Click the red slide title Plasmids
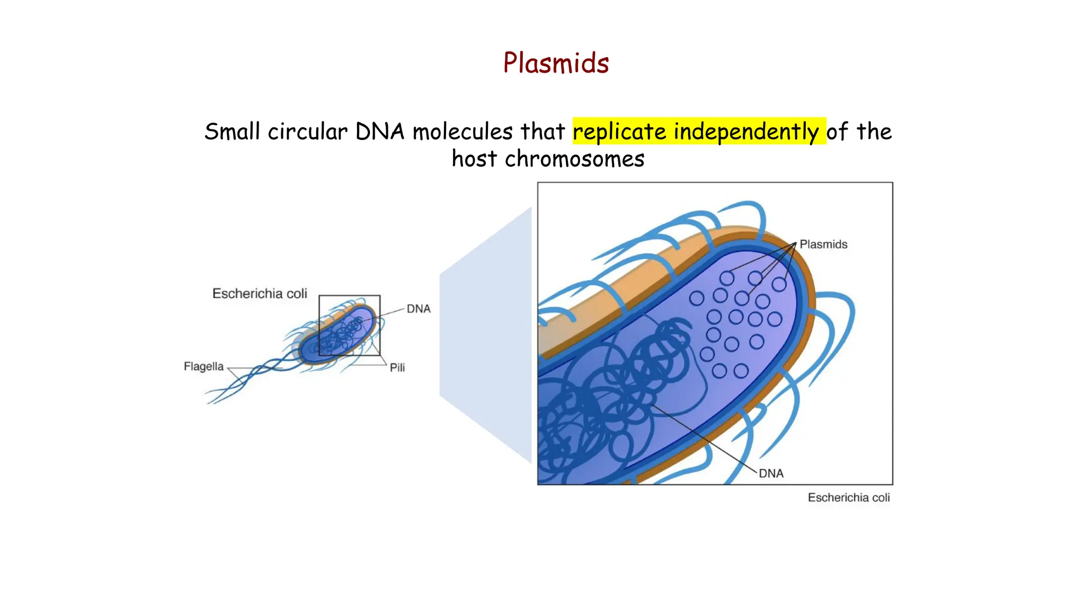(x=556, y=63)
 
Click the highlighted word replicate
(x=619, y=132)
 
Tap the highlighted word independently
(x=746, y=132)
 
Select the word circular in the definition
(x=307, y=132)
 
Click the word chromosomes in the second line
(x=574, y=159)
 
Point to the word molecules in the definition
(x=463, y=132)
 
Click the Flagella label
(x=203, y=366)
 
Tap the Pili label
(x=397, y=368)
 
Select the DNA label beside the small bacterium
(x=418, y=309)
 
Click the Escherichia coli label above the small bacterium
(x=260, y=294)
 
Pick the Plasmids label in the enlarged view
(x=823, y=245)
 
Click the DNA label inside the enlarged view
(x=771, y=474)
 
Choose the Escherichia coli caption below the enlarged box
(x=848, y=497)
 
